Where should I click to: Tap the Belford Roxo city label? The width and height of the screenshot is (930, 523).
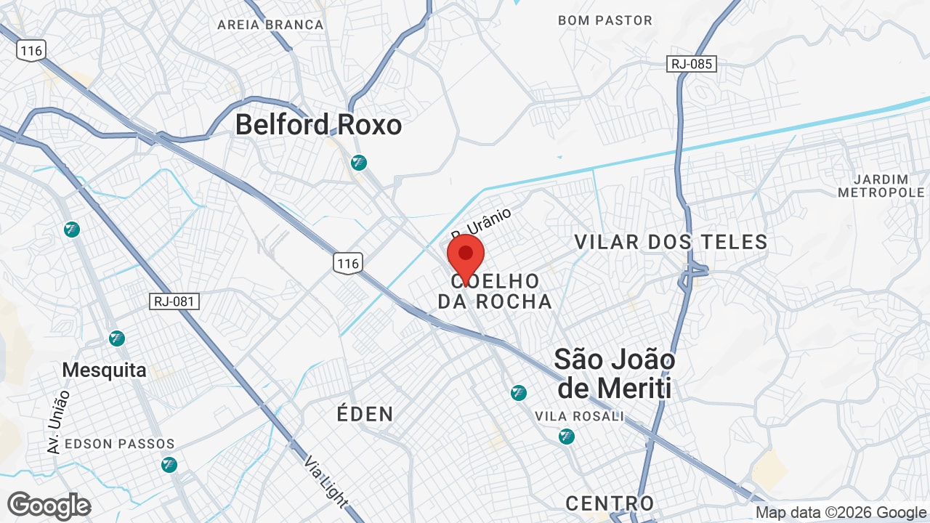(318, 125)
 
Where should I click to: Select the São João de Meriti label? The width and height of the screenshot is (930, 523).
(614, 373)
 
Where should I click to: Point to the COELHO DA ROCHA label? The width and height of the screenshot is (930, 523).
(495, 291)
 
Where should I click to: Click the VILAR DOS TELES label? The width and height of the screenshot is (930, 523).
(671, 242)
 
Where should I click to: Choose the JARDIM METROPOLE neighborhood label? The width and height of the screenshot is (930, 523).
(881, 186)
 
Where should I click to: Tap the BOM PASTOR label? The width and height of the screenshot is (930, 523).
(605, 20)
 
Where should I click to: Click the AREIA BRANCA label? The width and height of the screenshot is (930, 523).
(270, 25)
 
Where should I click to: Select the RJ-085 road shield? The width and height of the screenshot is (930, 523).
(692, 64)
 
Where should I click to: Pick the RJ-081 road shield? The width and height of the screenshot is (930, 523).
(174, 301)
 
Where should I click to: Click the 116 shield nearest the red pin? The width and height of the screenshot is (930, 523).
(348, 263)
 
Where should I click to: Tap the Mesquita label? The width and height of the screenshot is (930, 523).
(104, 370)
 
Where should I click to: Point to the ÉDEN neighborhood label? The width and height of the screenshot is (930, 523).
(365, 414)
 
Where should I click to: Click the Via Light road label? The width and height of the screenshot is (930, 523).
(325, 482)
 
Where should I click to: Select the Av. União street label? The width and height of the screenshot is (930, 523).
(58, 421)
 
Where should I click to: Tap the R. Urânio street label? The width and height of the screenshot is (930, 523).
(481, 224)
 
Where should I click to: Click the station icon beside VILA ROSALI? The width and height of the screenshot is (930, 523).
(567, 437)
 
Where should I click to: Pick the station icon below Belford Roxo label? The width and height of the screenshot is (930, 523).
(358, 163)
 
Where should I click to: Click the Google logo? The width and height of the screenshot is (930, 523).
(49, 506)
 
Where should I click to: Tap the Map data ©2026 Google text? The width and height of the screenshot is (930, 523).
(840, 513)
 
